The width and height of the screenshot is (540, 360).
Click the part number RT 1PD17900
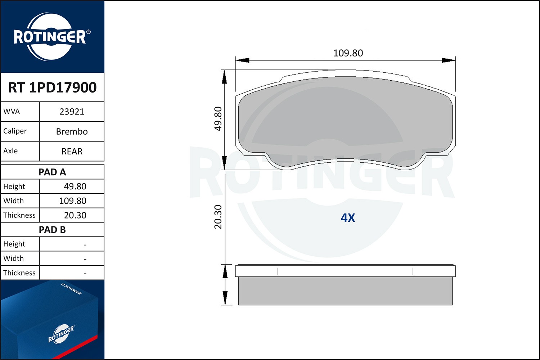click(52, 87)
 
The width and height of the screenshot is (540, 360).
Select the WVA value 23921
click(72, 112)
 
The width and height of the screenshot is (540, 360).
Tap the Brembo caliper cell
click(72, 131)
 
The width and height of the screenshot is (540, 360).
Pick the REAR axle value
click(72, 151)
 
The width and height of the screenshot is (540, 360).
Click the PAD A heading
click(52, 172)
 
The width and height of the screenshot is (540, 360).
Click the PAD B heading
click(52, 230)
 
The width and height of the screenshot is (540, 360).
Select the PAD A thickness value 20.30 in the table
click(75, 215)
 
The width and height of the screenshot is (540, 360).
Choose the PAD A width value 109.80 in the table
click(72, 201)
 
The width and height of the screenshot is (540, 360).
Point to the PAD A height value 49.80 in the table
click(75, 186)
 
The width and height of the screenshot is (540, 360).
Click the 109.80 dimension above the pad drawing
click(348, 53)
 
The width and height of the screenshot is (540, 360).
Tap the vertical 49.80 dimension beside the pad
click(218, 119)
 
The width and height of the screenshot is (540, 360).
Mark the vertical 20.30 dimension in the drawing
click(218, 217)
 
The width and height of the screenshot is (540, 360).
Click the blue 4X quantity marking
click(348, 218)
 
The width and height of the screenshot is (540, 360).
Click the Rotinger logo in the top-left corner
click(50, 37)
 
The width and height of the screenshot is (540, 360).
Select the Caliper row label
click(15, 131)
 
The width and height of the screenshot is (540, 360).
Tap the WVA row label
click(12, 111)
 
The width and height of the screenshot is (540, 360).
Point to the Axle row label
click(10, 151)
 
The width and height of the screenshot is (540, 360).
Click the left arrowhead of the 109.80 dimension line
click(242, 60)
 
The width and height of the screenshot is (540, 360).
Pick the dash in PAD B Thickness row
click(85, 273)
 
